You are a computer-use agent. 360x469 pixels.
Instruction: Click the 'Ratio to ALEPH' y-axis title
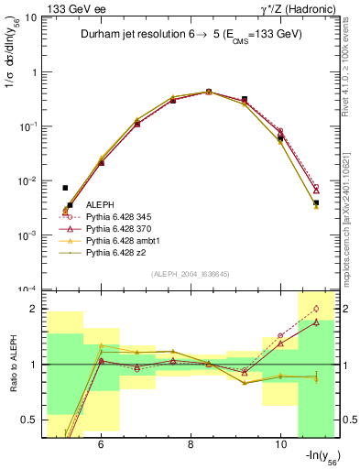point(12,364)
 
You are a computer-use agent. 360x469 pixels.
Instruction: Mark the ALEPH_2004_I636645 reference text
point(190,274)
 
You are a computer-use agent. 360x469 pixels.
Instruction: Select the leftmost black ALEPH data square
point(65,188)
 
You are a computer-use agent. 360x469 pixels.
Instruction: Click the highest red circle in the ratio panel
point(316,309)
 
